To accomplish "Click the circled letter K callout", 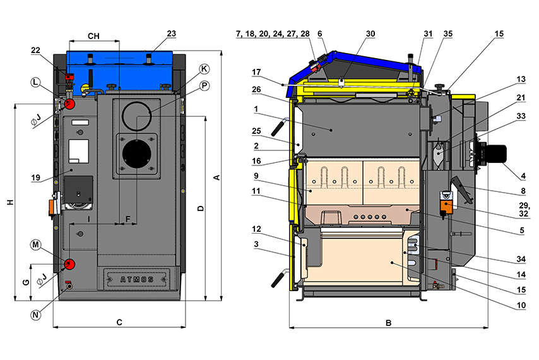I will pos(203,68).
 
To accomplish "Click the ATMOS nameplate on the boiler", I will pos(136,276).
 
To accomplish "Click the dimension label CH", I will pos(93,36).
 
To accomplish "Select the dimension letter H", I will pos(9,202).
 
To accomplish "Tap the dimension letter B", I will pos(389,323).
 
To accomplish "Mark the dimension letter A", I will pos(216,178).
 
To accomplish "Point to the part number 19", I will pos(35,177).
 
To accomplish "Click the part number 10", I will pos(521,306).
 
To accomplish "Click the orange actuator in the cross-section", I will pos(446,206).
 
